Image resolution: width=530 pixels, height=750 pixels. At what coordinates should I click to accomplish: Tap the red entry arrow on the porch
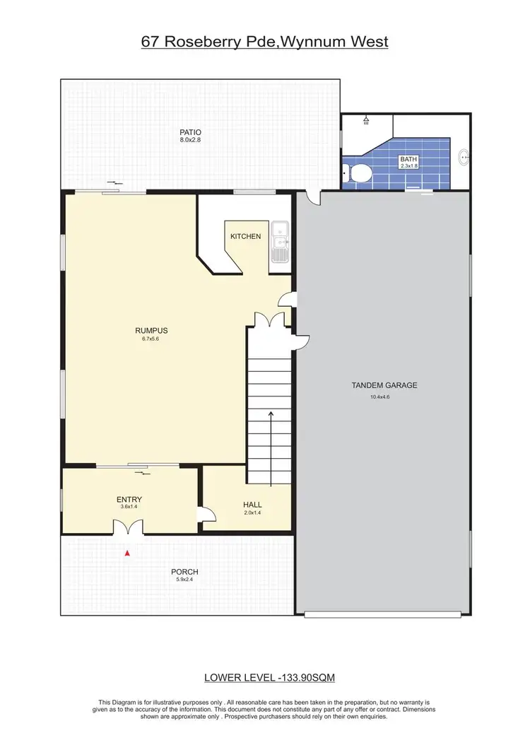coord(127,553)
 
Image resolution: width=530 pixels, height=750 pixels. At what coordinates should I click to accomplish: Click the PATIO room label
coord(190,131)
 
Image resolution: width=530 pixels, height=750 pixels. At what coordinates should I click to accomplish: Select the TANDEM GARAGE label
coord(384,385)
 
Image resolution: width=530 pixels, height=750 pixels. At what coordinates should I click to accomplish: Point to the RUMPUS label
coord(151,329)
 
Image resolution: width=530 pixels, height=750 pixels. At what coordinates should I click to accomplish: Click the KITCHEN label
coord(245,235)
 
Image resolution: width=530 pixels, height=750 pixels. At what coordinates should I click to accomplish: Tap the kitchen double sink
coord(279,241)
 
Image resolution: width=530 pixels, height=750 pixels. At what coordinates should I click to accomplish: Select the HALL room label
coord(252,504)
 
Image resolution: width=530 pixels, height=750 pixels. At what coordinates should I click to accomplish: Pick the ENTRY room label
coord(129,500)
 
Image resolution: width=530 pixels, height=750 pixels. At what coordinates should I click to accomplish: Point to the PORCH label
coord(184,572)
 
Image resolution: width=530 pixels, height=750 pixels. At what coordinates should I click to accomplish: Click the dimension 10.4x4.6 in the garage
coord(384,397)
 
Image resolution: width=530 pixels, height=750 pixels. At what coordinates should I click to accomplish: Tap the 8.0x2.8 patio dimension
coord(190,140)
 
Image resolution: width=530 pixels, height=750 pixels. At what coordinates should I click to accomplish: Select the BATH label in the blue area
coord(408,160)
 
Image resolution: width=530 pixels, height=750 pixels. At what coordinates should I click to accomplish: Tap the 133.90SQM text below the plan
coord(307,677)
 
